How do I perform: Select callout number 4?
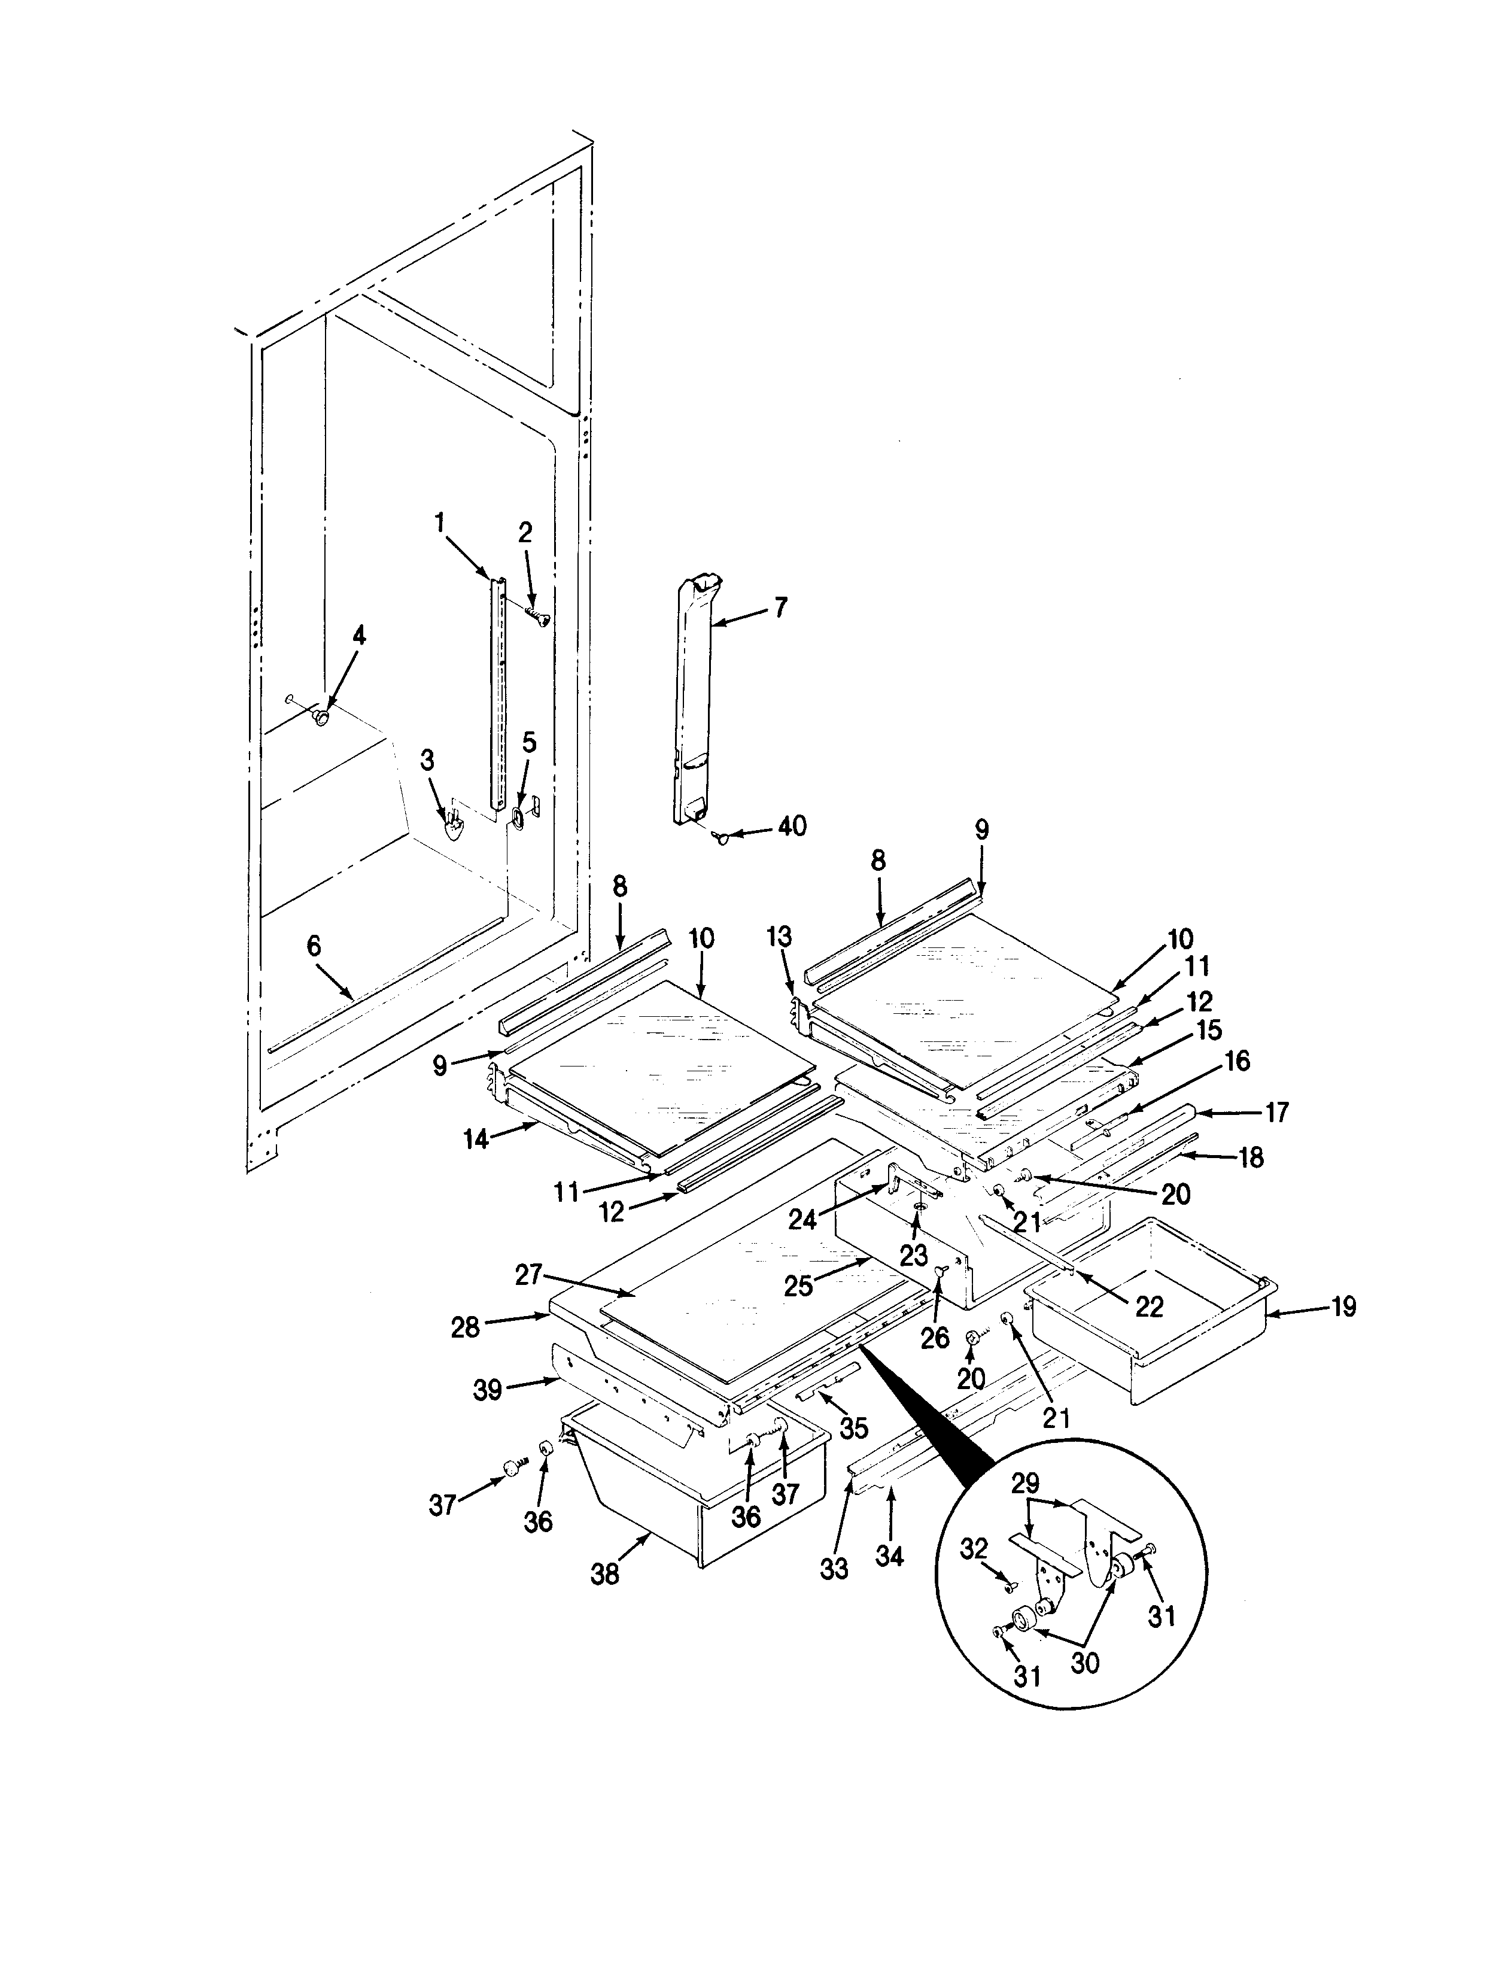point(359,636)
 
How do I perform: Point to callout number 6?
point(314,946)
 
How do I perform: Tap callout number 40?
point(792,825)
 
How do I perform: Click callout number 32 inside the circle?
point(974,1549)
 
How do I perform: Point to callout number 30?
point(1086,1663)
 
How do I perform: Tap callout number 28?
point(465,1327)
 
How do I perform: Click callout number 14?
point(476,1140)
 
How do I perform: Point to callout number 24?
point(802,1219)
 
